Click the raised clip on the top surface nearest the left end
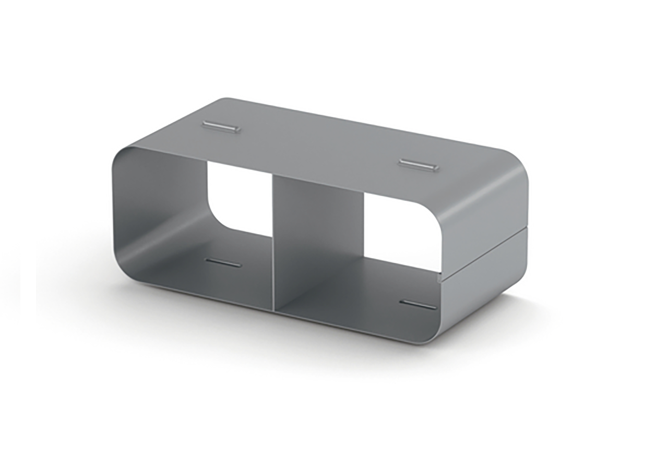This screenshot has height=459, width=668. point(222,127)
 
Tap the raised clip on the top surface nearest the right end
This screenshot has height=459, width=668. point(417,164)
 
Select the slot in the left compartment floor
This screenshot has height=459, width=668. point(223,262)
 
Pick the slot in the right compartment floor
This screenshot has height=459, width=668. point(419,304)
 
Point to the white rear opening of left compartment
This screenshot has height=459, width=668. point(239,198)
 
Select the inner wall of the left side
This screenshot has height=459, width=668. point(157,209)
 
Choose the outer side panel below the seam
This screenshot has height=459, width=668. point(483,287)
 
